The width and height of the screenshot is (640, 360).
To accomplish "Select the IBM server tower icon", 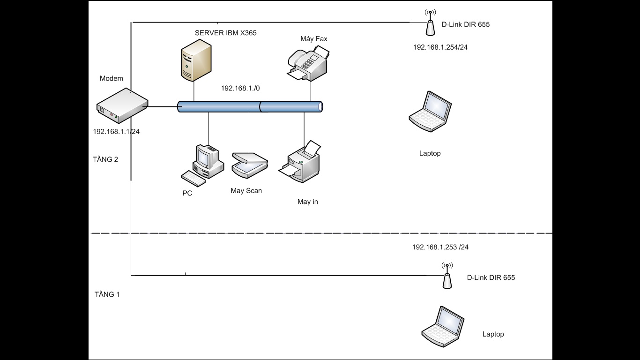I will coord(195,60).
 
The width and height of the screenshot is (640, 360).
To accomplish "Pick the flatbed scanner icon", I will coord(249,164).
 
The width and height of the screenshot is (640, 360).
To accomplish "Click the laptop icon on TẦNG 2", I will coord(430,111).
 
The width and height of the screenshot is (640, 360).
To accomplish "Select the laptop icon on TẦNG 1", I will coord(443,327).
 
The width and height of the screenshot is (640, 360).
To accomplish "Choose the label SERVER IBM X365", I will coord(225,33).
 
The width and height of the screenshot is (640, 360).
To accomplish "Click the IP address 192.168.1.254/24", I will coord(440,47).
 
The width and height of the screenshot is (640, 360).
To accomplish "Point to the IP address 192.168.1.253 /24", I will coord(440,247).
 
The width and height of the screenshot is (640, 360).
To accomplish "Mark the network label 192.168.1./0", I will coord(240,88).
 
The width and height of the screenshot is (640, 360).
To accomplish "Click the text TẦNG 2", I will coord(105,159).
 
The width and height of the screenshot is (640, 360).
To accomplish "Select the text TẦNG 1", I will coord(107,294).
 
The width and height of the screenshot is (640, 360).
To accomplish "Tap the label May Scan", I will coord(246,191).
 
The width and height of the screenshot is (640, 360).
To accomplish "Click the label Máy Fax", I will coord(314,39).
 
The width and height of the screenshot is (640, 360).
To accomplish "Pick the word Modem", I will coord(111,78).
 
